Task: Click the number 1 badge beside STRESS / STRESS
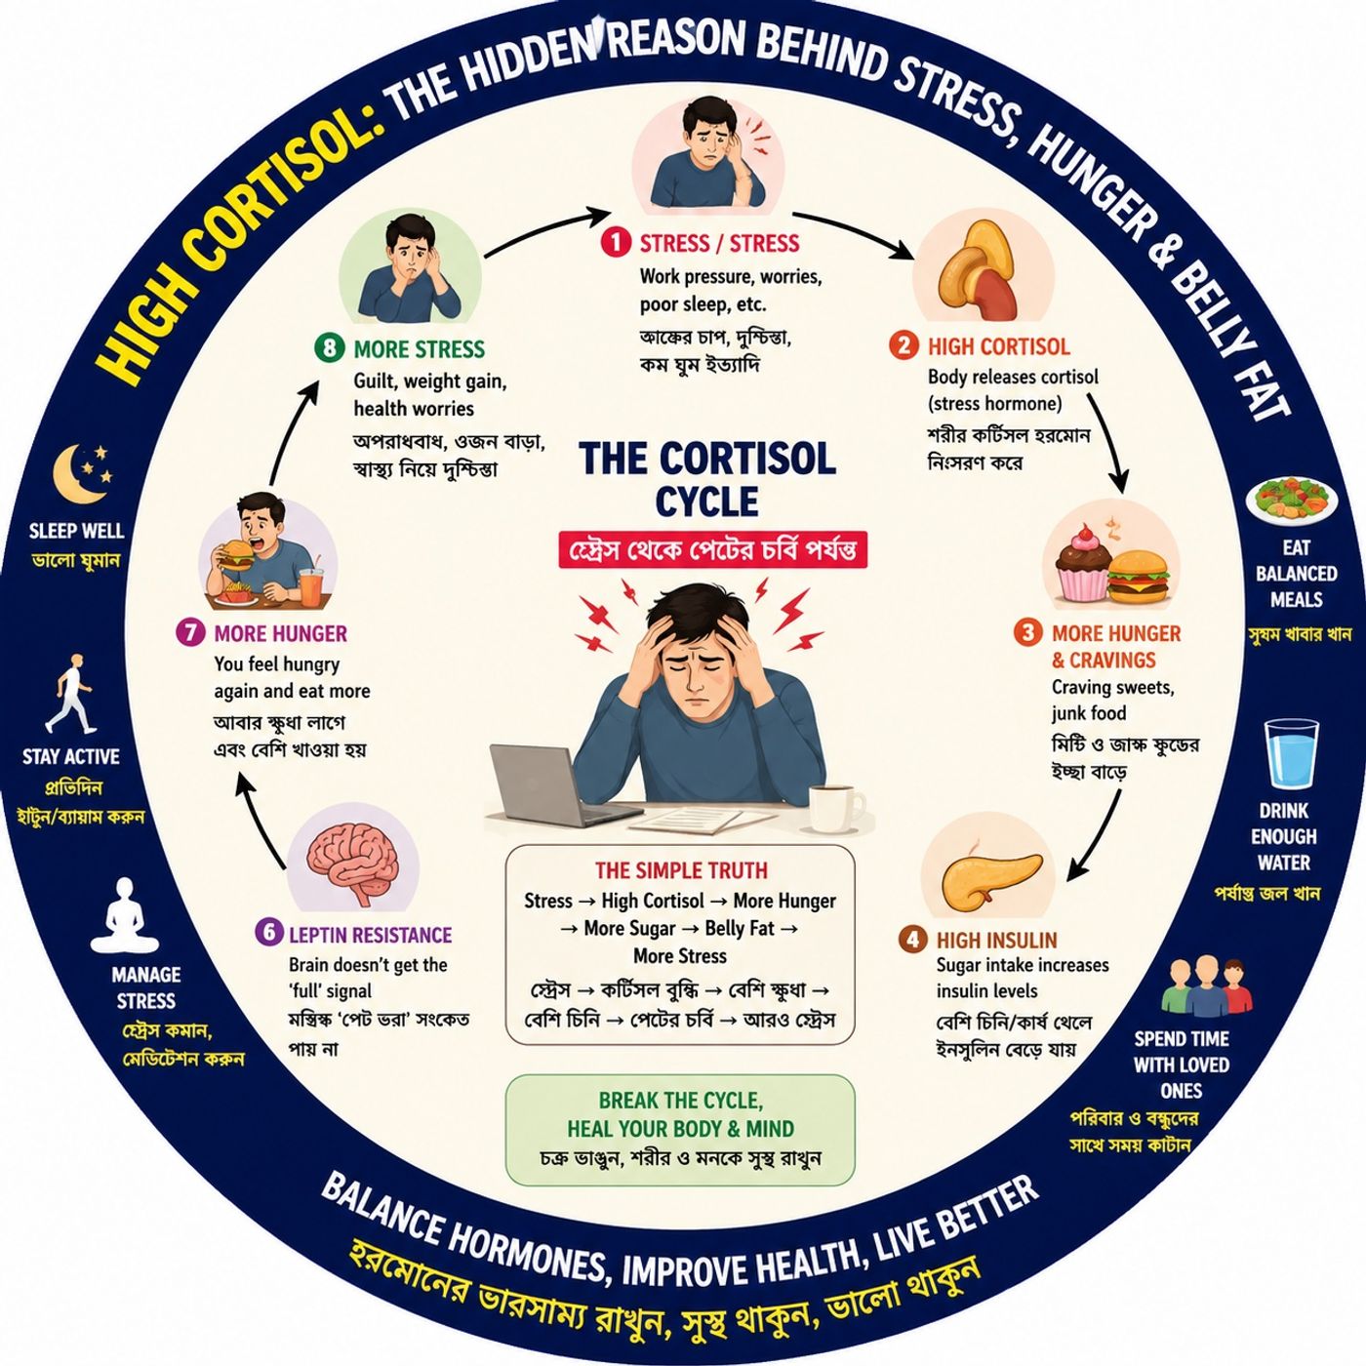coord(616,242)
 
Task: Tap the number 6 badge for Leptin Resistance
coord(268,932)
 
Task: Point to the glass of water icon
coord(1292,753)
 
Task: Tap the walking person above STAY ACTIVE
coord(70,694)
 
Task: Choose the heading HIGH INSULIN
coord(996,940)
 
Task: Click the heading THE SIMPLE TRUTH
coord(681,869)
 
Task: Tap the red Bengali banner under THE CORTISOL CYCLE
coord(713,548)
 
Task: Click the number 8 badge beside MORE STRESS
coord(328,348)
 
